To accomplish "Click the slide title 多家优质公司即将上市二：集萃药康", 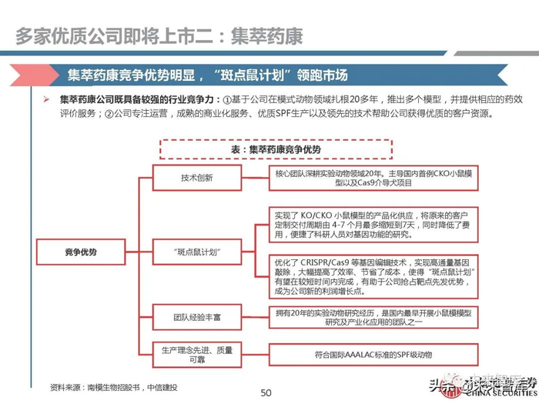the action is [159, 35].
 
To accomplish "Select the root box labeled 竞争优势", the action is [81, 252].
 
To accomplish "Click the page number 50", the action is [266, 393].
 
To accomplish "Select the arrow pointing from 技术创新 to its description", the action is [255, 178].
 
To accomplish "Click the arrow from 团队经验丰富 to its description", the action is [255, 316].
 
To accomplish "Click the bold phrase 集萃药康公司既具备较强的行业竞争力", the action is [139, 100].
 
